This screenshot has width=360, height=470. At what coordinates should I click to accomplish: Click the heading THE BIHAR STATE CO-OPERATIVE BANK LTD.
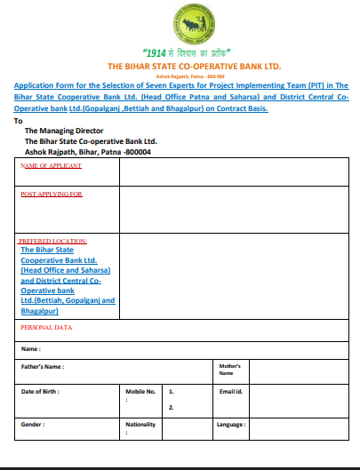pos(180,67)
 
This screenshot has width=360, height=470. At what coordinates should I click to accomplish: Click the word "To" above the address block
pos(19,119)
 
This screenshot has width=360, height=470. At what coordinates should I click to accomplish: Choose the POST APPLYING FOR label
pos(51,193)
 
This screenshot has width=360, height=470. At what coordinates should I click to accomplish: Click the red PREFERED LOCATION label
pos(53,241)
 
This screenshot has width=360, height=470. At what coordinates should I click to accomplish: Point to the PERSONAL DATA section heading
pos(46,328)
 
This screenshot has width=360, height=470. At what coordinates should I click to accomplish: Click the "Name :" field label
pos(31,348)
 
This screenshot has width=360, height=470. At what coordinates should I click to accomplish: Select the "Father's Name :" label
pos(43,366)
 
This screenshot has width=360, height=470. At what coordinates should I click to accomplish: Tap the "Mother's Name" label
pos(229,370)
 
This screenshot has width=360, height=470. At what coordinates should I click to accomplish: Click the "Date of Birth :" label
pos(41,391)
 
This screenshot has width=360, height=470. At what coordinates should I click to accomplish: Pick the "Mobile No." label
pos(140,391)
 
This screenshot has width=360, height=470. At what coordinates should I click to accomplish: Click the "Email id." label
pos(231,391)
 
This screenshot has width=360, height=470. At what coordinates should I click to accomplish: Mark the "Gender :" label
pos(33,425)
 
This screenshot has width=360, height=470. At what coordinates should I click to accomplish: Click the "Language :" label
pos(232,425)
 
